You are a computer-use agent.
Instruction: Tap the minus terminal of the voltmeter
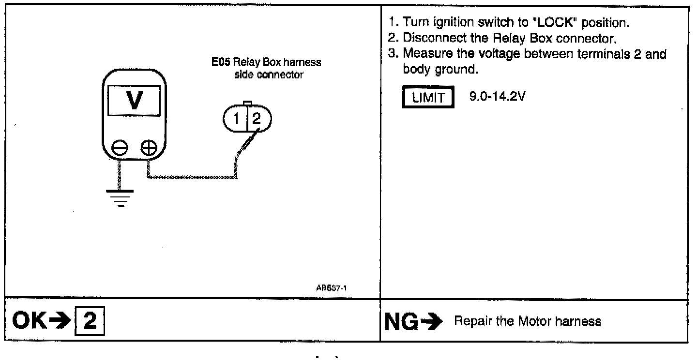coord(119,147)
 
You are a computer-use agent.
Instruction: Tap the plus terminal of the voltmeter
coord(148,147)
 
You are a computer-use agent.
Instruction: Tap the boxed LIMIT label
coord(428,98)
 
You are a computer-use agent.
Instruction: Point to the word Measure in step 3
coord(424,54)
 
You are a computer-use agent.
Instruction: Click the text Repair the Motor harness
coord(527,322)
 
